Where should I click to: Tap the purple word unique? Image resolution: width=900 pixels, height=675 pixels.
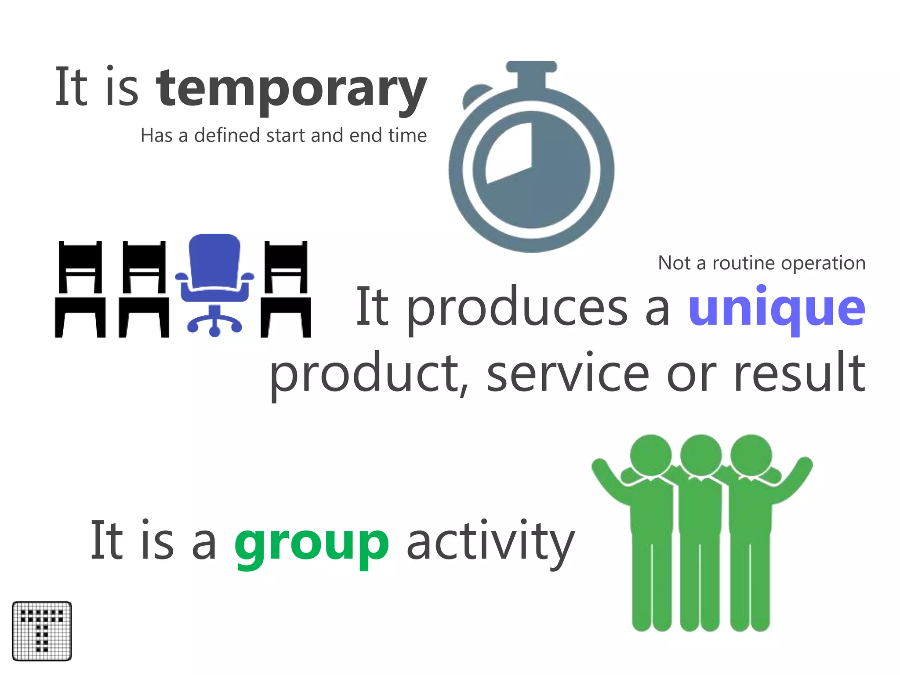point(777,308)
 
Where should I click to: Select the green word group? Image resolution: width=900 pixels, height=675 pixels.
point(312,543)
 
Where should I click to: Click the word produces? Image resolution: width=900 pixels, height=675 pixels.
point(517,308)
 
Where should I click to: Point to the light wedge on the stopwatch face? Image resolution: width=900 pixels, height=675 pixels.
point(512,152)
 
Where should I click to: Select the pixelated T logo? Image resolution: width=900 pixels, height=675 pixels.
point(42,631)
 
